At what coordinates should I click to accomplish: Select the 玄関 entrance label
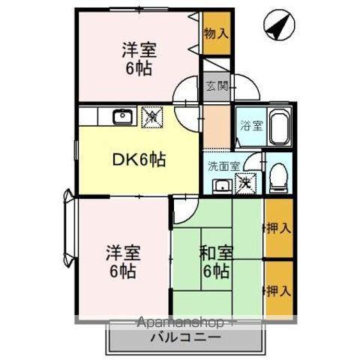pyautogui.click(x=215, y=85)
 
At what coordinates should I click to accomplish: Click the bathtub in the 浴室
pyautogui.click(x=279, y=127)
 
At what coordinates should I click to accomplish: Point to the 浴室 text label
pyautogui.click(x=251, y=126)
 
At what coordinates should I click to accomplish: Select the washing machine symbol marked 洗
pyautogui.click(x=245, y=182)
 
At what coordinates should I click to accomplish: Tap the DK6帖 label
pyautogui.click(x=139, y=159)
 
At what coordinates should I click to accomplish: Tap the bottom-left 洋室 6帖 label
pyautogui.click(x=120, y=261)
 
